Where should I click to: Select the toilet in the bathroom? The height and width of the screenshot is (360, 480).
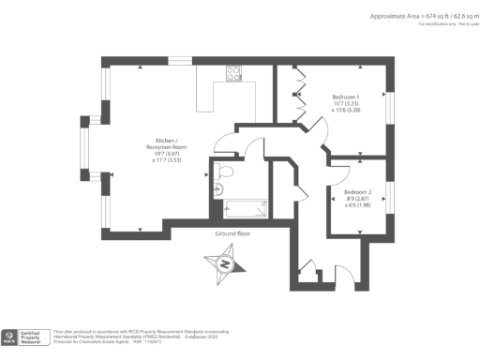click(222, 170)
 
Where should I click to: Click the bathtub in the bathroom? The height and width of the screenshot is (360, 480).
click(247, 207)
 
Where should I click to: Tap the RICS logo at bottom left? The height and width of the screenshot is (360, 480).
click(10, 336)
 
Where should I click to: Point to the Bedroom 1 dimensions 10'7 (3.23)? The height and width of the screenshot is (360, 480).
click(346, 105)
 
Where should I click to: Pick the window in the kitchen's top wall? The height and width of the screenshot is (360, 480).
click(179, 61)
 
